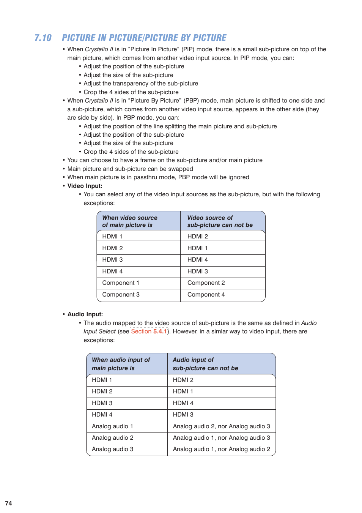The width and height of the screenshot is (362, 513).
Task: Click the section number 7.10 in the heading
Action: coord(43,38)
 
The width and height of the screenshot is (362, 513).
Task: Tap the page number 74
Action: coord(8,503)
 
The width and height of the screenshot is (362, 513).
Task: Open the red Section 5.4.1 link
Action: coord(149,331)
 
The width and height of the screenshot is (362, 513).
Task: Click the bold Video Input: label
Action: coord(85,186)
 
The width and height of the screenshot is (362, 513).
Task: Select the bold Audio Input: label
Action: coord(85,314)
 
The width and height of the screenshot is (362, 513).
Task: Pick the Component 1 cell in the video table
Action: coord(121,283)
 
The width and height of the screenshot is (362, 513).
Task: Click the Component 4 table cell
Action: coord(206,295)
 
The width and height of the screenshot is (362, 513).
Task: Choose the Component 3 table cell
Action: coord(121,295)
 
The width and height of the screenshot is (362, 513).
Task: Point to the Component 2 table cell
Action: coord(206,283)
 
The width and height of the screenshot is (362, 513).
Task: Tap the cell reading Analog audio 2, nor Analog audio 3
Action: coord(221,426)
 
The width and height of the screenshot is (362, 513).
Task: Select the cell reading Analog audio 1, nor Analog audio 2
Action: coord(221,449)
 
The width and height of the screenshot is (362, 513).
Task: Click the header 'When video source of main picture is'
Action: coord(129,221)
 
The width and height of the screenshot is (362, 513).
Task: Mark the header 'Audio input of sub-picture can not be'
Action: coord(205,364)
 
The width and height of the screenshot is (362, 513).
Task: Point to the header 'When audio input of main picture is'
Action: coord(121,364)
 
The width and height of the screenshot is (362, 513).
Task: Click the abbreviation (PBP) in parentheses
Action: coord(191,101)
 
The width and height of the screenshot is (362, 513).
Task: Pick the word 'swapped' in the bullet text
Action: coord(181,169)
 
